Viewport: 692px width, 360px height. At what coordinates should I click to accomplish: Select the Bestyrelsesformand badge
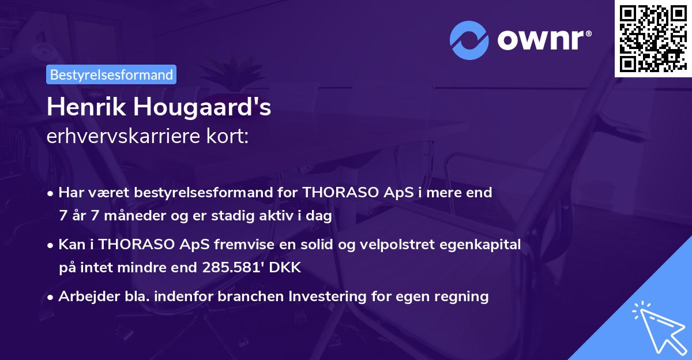point(111,74)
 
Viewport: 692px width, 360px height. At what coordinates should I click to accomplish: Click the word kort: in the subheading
point(230,136)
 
